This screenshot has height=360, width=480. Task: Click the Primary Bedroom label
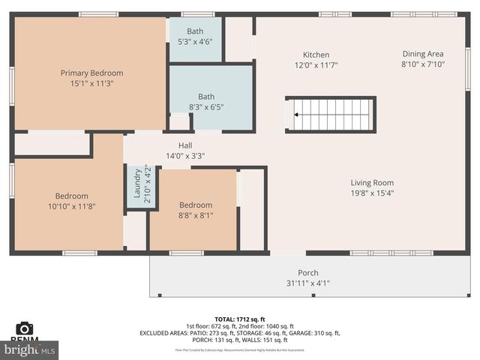91,73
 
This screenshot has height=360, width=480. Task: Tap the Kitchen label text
316,55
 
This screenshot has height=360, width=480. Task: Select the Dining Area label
422,54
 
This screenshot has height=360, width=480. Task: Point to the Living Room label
372,182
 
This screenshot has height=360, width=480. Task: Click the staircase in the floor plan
330,115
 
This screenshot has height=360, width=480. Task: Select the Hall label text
185,145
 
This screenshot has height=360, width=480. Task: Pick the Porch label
307,273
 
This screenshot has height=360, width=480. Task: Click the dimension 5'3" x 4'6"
195,42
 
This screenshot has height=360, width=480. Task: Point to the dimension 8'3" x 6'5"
206,107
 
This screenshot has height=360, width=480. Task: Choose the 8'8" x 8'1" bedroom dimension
195,215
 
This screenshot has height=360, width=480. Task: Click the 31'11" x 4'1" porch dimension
307,283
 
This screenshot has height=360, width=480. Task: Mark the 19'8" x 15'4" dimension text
372,193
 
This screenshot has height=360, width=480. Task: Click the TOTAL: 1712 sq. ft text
239,319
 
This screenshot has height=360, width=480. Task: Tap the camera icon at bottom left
25,328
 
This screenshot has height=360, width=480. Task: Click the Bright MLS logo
30,349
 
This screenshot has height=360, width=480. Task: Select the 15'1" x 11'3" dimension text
91,83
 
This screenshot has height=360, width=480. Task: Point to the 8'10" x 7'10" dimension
422,64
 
